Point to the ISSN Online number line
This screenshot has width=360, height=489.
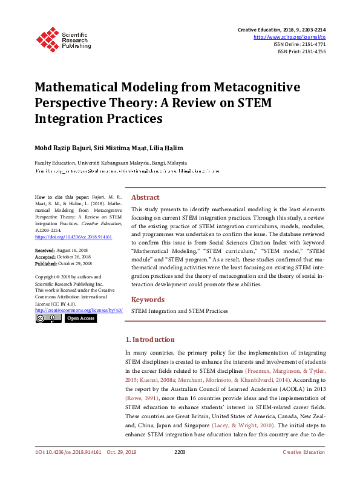(x=299, y=44)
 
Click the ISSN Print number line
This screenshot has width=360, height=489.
(x=301, y=51)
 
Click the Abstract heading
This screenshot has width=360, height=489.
(x=145, y=197)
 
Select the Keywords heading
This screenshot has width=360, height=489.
(x=148, y=300)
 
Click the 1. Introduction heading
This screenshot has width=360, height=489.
(x=149, y=340)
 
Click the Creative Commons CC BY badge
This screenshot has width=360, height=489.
(x=48, y=318)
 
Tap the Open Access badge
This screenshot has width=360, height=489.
(x=80, y=318)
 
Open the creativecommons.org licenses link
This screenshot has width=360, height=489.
(x=79, y=310)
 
